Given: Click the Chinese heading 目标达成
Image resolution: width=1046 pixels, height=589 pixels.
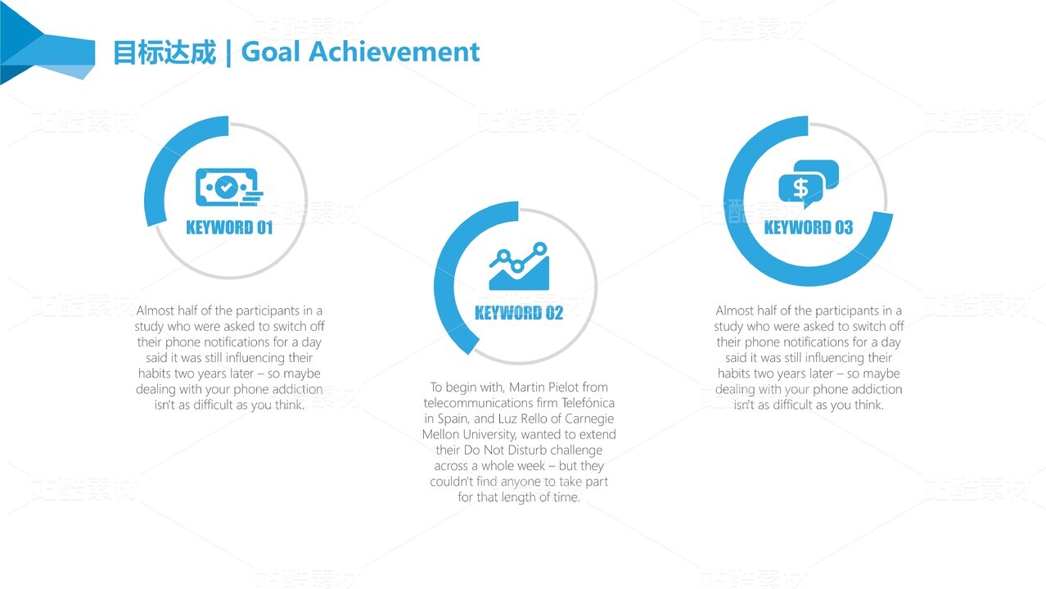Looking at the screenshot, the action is (x=165, y=52).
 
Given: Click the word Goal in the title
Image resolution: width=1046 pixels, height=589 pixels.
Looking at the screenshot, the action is (x=270, y=52).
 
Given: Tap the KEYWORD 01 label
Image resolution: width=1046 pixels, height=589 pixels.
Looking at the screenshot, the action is (x=229, y=228).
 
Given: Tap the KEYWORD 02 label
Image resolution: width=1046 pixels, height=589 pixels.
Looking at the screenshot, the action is (x=519, y=313).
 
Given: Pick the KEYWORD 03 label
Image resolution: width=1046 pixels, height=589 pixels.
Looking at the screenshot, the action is (x=809, y=228).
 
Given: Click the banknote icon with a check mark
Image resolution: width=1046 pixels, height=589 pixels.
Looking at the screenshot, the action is (x=229, y=187).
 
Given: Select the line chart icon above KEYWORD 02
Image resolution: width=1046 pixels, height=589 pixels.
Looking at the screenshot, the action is (x=519, y=266).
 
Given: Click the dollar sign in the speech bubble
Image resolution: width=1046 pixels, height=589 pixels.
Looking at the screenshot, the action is (x=800, y=188).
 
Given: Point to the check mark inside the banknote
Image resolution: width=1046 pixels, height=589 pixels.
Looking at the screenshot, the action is (x=226, y=188).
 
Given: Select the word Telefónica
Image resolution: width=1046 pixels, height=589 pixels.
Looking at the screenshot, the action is (x=588, y=403).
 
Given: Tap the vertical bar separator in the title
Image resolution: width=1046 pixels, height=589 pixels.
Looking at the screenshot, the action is (x=228, y=52).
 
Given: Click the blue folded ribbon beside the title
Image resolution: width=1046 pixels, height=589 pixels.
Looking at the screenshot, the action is (x=47, y=44).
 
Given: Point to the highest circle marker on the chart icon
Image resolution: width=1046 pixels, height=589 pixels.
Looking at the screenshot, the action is (x=540, y=249).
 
